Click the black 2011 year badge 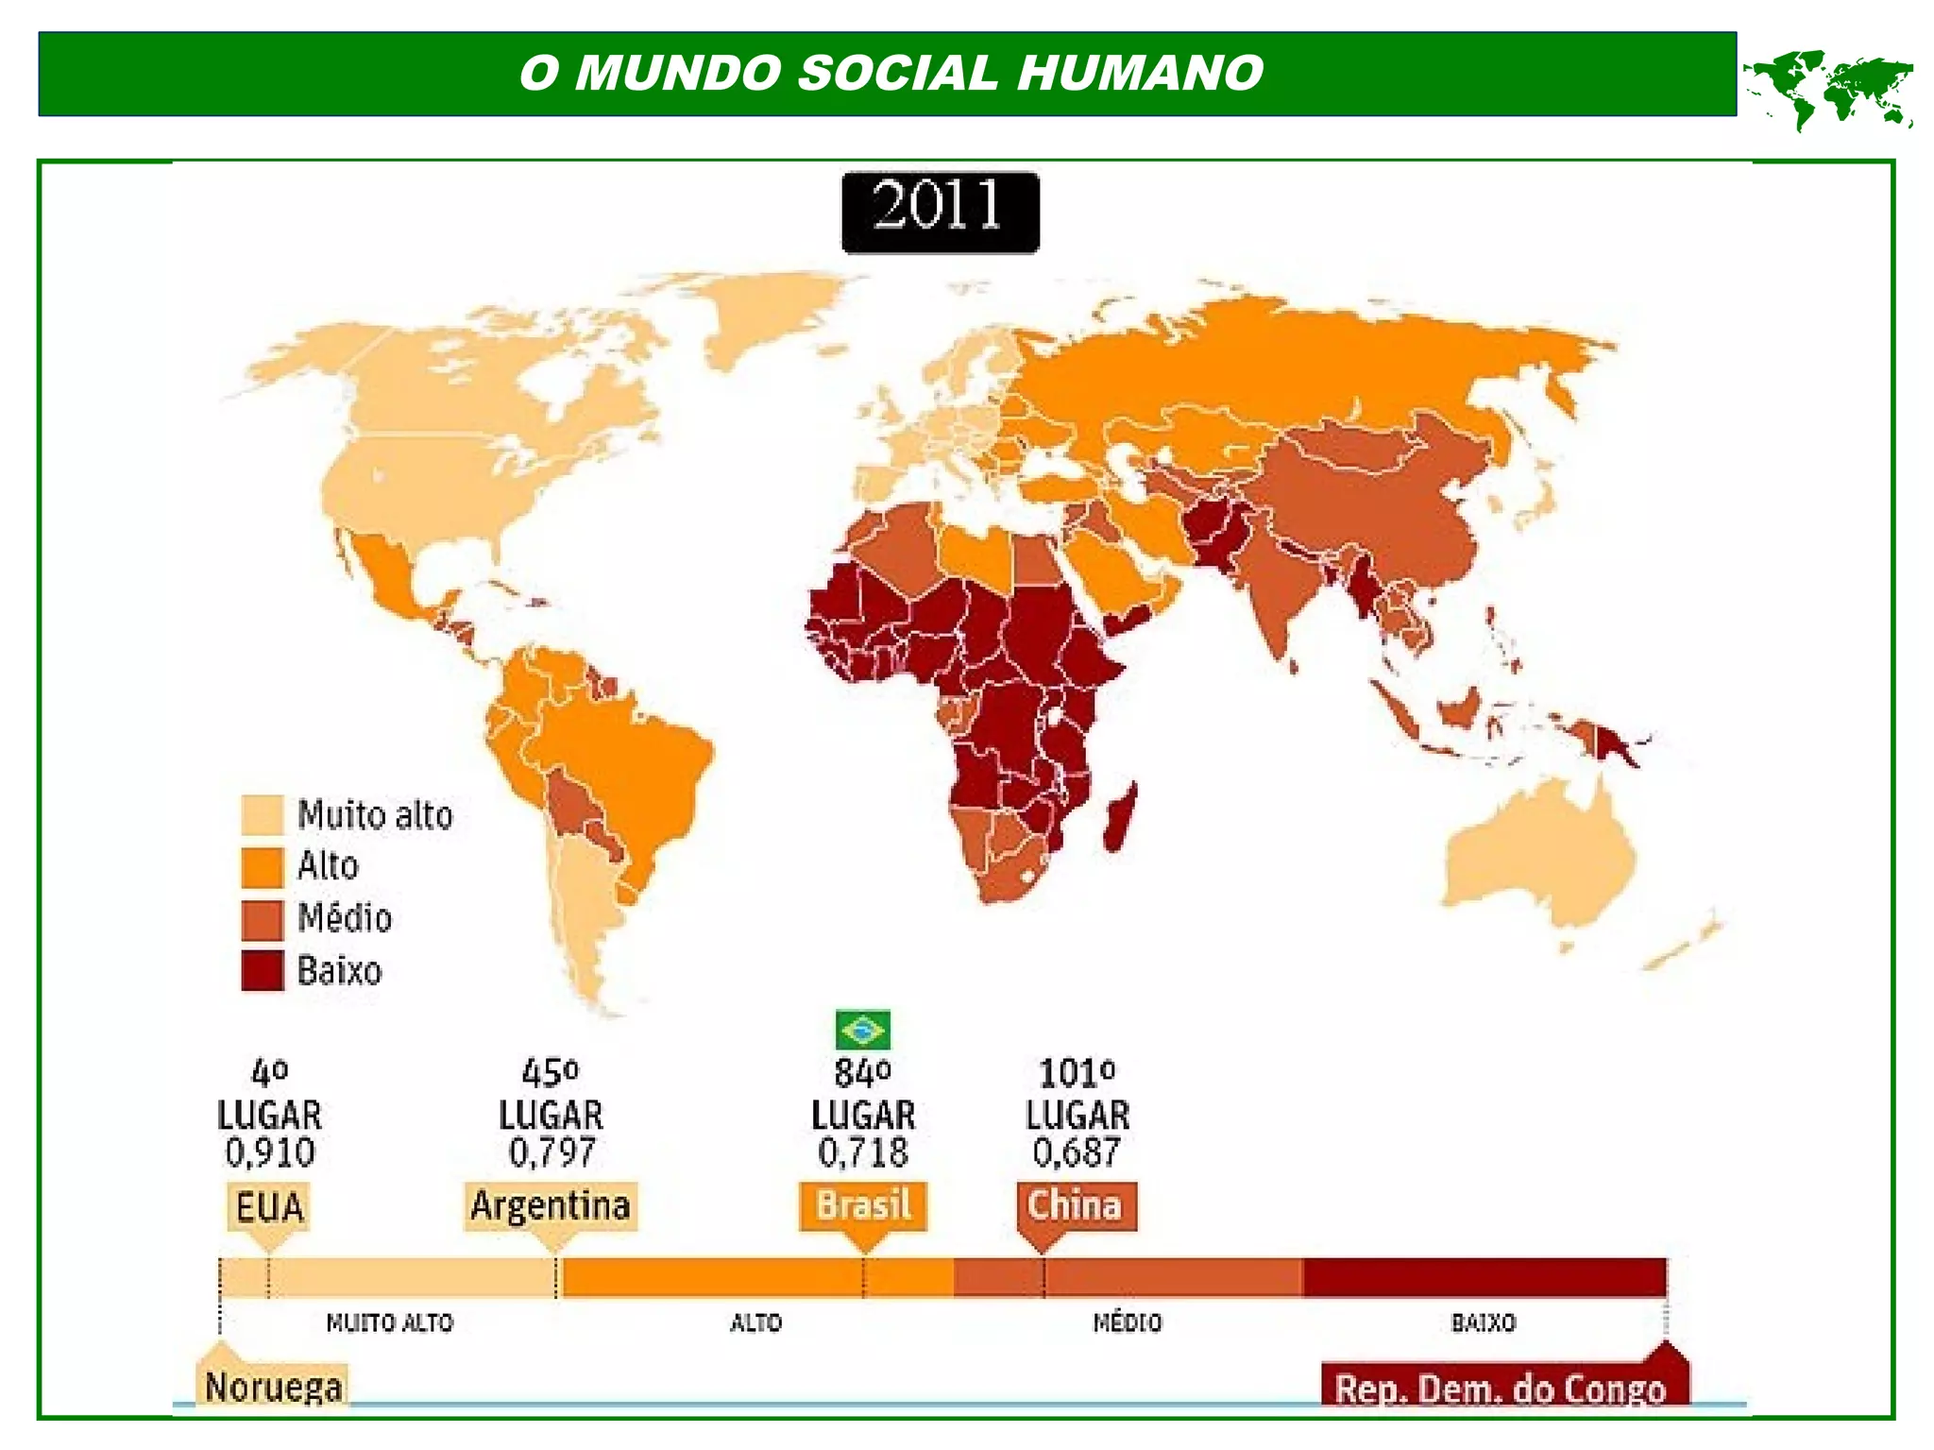coord(940,212)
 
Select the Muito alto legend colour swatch coord(262,815)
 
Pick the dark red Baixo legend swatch coord(262,971)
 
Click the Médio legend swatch coord(262,919)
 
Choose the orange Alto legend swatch coord(262,867)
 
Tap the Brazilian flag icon coord(862,1030)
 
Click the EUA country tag coord(269,1207)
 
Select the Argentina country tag coord(551,1206)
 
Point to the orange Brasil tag coord(863,1206)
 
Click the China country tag coord(1076,1206)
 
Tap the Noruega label coord(273,1386)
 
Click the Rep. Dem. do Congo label coord(1500,1389)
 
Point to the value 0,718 coord(862,1152)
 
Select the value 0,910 coord(270,1152)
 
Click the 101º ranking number coord(1077,1073)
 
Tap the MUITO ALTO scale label coord(389,1322)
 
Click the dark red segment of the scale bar coord(1484,1277)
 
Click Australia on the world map coord(1539,860)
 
